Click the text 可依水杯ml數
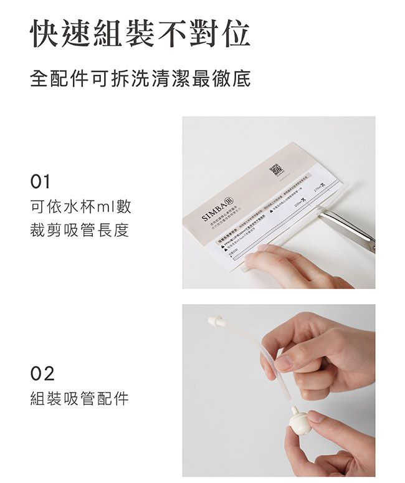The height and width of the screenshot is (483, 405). point(81,206)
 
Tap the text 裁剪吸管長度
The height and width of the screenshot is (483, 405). point(80,230)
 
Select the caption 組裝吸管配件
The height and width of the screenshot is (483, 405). point(80,399)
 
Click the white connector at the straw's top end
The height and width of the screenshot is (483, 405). point(216,322)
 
